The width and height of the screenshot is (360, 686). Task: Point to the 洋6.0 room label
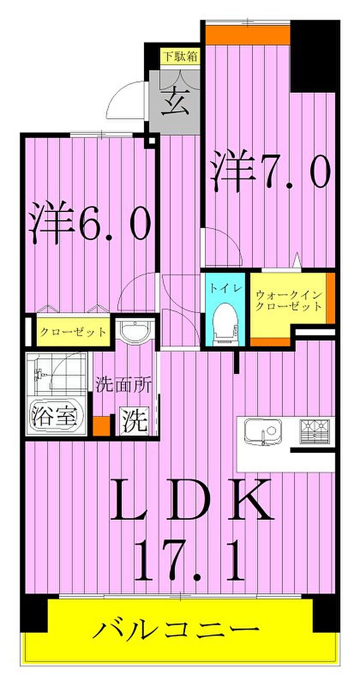[91, 222]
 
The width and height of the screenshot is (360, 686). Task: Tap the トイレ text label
[225, 288]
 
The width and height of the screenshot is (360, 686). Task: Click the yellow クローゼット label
[73, 331]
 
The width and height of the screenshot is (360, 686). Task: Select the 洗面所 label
[123, 385]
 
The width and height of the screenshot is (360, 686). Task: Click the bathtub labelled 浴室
[54, 416]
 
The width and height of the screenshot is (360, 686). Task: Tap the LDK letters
[192, 501]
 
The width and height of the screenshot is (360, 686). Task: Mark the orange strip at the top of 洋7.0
[248, 35]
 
